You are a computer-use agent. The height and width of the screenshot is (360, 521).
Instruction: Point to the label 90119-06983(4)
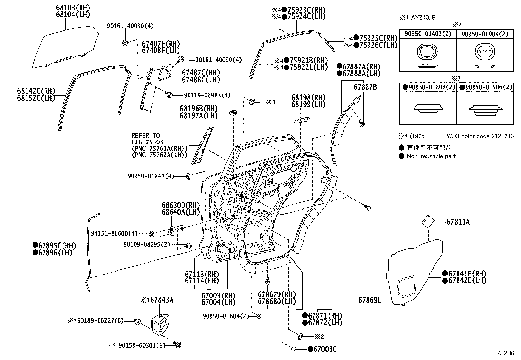pos(207,95)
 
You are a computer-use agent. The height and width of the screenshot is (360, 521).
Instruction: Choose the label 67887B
pos(365,87)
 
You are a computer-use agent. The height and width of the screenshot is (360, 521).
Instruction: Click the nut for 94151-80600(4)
pos(152,234)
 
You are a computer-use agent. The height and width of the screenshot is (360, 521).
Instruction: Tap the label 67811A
pos(458,222)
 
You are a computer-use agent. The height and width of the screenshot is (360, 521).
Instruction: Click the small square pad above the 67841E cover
pos(427,222)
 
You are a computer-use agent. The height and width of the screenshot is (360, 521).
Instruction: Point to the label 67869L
pos(369,300)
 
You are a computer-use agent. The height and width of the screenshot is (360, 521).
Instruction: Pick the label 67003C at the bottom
pos(325,349)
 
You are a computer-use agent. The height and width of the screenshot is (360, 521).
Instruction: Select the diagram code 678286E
pos(506,353)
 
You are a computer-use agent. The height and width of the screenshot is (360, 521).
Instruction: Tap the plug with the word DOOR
pos(485,52)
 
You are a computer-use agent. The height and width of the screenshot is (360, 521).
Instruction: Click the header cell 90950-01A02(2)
pos(428,34)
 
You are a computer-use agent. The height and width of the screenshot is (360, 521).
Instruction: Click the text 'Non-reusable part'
pos(431,156)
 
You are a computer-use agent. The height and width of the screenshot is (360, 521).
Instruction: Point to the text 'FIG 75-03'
pos(145,142)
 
